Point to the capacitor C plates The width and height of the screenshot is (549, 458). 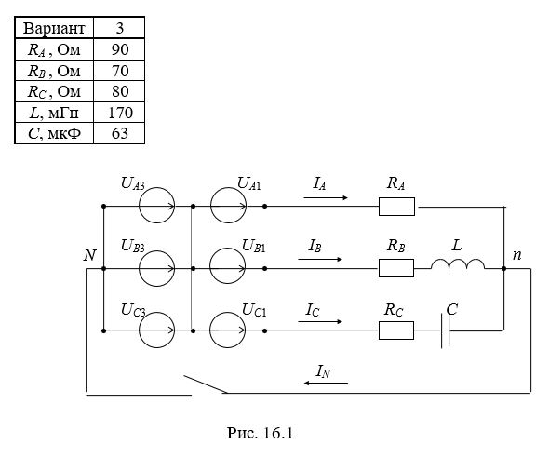pyautogui.click(x=445, y=330)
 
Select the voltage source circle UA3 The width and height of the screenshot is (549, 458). pyautogui.click(x=157, y=188)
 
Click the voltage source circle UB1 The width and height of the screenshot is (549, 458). pyautogui.click(x=228, y=249)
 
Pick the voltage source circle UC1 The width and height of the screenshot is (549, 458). pyautogui.click(x=228, y=313)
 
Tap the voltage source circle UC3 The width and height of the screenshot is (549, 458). pyautogui.click(x=157, y=313)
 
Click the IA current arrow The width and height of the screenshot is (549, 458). pyautogui.click(x=326, y=198)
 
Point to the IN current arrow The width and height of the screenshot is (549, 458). pyautogui.click(x=326, y=384)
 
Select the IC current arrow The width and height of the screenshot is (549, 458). pyautogui.click(x=320, y=321)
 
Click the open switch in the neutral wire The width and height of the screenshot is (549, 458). pyautogui.click(x=206, y=384)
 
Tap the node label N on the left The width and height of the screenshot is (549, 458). pyautogui.click(x=89, y=255)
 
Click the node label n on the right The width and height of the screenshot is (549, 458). pyautogui.click(x=516, y=255)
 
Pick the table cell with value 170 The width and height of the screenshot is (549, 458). pyautogui.click(x=120, y=113)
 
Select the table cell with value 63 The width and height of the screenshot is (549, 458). pyautogui.click(x=120, y=133)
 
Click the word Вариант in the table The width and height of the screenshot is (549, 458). pyautogui.click(x=54, y=28)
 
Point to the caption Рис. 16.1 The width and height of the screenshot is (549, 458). pyautogui.click(x=260, y=433)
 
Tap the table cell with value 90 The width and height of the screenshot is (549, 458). pyautogui.click(x=120, y=49)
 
